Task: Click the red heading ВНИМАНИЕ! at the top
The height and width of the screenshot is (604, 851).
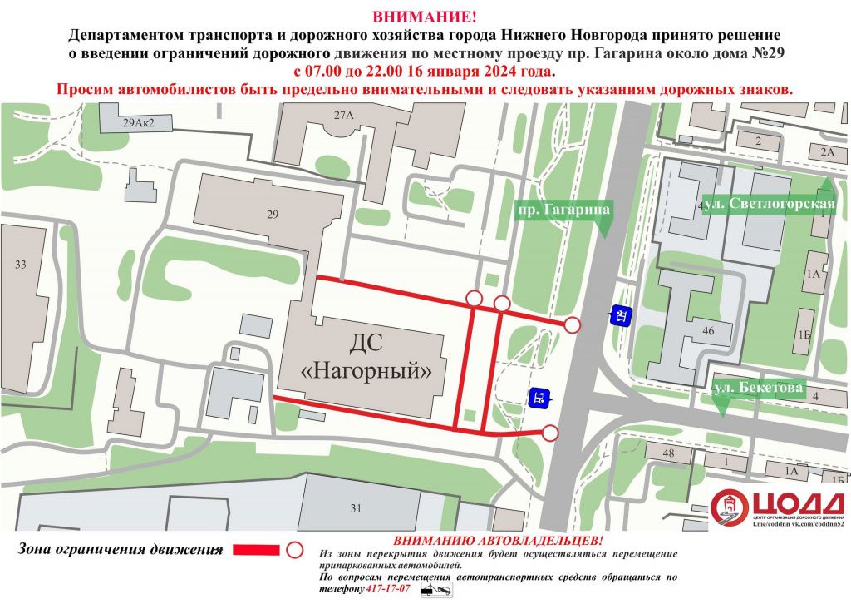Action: coord(425,17)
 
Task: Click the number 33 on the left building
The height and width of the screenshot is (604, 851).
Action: coord(21,265)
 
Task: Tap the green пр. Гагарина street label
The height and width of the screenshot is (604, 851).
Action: coord(563,210)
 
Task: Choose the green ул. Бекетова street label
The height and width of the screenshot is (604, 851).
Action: coord(757,388)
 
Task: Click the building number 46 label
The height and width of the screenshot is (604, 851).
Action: coord(708,331)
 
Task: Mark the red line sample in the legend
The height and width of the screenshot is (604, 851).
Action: coord(256,550)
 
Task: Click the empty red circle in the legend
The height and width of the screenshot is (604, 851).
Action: coord(293,550)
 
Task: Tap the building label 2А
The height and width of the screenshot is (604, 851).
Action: coord(827,152)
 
